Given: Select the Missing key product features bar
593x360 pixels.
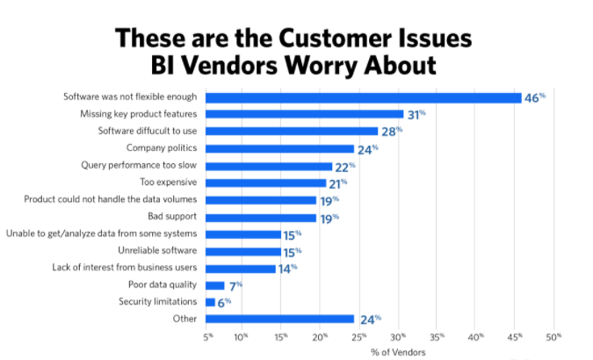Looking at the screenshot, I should point(304,114).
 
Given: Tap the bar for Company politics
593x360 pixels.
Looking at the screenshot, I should point(279,148).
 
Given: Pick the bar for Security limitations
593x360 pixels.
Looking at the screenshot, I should point(210,302).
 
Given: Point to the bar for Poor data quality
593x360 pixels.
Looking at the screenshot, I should point(214,285).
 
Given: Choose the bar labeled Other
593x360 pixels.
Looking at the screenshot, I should point(279,319).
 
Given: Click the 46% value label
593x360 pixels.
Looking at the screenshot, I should point(535,97).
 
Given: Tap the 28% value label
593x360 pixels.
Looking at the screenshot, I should point(391,132).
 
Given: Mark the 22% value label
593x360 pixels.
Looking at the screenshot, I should point(345,166).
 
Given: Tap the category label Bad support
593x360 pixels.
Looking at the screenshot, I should point(172,217).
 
